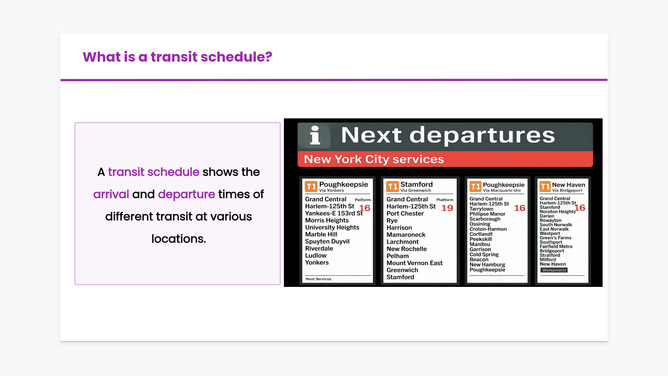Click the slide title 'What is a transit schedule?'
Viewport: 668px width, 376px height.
click(177, 57)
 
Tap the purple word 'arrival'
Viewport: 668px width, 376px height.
click(111, 194)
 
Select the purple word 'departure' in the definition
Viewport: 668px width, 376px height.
click(186, 194)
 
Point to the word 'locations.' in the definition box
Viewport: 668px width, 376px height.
click(178, 238)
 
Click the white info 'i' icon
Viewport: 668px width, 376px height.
click(315, 135)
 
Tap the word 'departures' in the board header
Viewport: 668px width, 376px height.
click(482, 135)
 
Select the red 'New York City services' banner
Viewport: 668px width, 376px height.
click(445, 159)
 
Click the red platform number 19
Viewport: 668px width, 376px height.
click(447, 208)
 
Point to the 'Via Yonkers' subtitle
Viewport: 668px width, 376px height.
click(331, 190)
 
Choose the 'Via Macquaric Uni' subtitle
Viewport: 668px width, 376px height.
click(502, 190)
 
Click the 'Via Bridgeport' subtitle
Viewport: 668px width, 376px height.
click(567, 190)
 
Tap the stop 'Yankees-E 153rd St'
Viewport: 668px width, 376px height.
click(334, 213)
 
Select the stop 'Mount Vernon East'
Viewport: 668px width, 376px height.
click(414, 263)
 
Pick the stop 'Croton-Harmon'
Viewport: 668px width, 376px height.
click(488, 229)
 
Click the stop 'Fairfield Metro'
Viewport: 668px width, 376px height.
click(556, 246)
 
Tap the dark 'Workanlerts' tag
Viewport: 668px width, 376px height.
click(554, 270)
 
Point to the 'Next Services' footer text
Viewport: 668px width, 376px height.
click(318, 279)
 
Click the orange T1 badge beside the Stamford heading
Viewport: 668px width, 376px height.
click(392, 187)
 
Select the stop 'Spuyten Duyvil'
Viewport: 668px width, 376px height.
click(327, 242)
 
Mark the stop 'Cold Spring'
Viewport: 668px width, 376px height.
click(484, 254)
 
